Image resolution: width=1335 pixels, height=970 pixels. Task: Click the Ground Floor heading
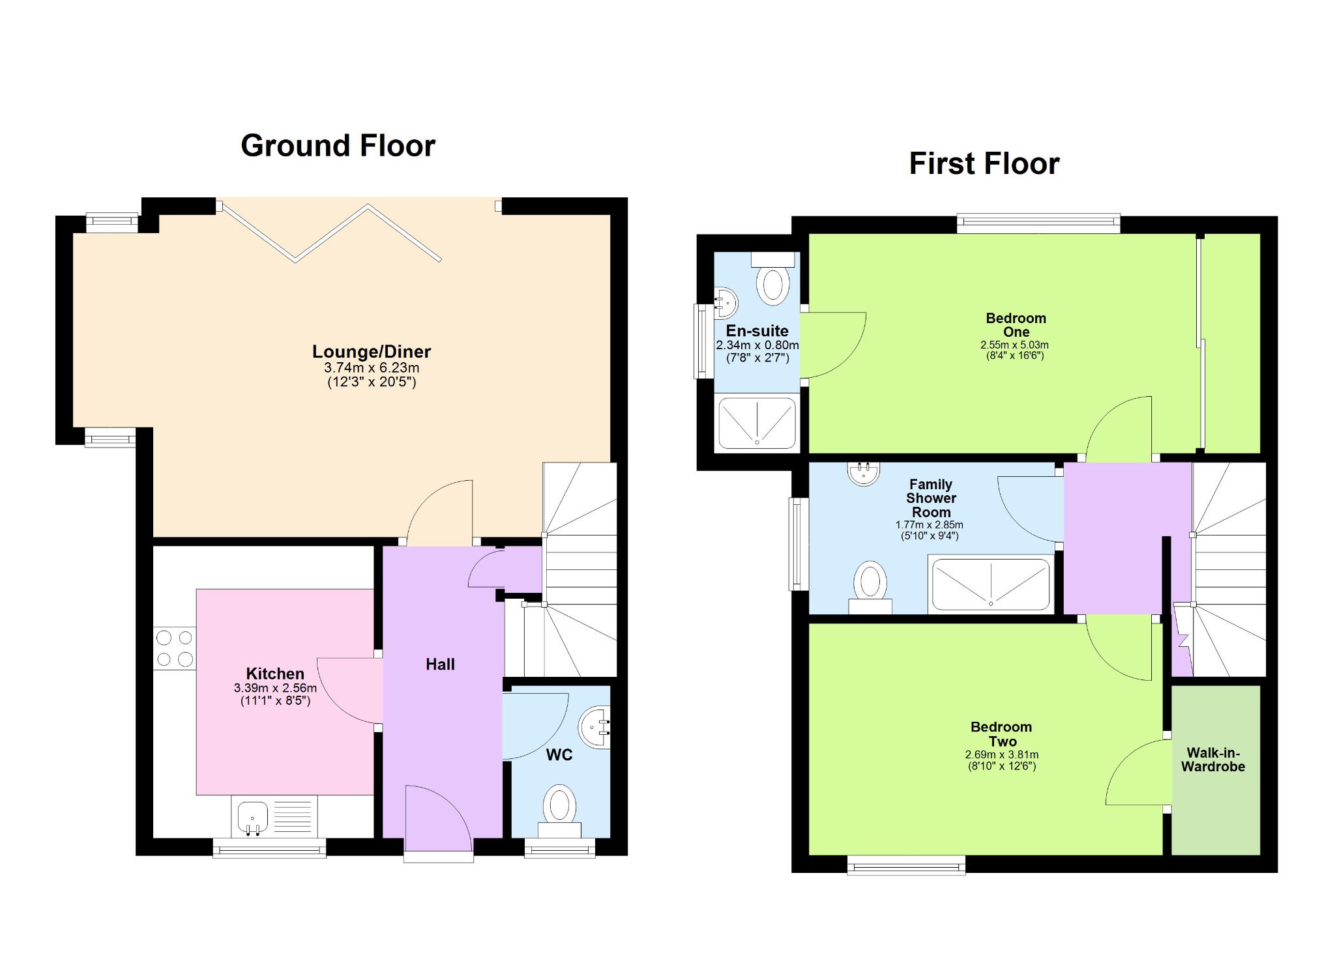338,145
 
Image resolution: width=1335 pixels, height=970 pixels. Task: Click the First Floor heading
984,164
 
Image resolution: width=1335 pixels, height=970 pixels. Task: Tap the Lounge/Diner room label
372,352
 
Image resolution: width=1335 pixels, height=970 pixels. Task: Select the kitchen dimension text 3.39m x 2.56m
275,688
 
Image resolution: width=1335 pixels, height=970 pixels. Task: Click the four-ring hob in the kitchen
175,648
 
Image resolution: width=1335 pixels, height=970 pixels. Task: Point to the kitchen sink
274,816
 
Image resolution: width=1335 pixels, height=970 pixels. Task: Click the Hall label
440,664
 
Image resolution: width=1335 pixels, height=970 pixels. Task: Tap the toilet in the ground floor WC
559,811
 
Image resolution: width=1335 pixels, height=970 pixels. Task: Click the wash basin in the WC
594,727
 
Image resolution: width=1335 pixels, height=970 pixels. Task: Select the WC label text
559,755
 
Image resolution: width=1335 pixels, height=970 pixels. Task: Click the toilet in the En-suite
773,279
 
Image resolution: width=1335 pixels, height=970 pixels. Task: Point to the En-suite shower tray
757,423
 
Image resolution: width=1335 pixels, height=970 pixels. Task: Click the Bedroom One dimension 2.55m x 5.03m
1015,345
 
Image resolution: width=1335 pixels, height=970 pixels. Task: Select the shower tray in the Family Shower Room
991,584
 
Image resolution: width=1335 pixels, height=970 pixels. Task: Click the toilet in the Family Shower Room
870,587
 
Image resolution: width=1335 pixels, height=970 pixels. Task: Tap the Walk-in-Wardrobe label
1213,760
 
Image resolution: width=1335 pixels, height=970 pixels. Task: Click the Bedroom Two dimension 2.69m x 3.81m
1002,755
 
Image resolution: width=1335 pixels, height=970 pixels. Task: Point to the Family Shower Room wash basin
864,474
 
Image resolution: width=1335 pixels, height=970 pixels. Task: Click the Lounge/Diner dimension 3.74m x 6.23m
372,368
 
